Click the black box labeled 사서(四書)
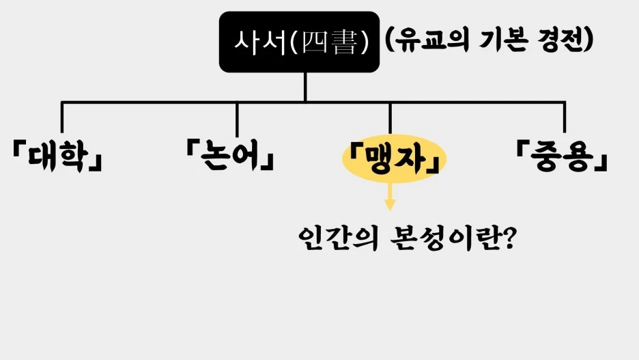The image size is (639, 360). (299, 42)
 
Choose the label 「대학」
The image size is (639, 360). (57, 157)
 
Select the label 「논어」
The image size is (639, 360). (230, 157)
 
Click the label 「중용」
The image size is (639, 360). (561, 157)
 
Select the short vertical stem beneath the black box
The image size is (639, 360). (305, 87)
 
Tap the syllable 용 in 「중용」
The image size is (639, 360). (579, 157)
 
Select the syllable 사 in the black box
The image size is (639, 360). (246, 42)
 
